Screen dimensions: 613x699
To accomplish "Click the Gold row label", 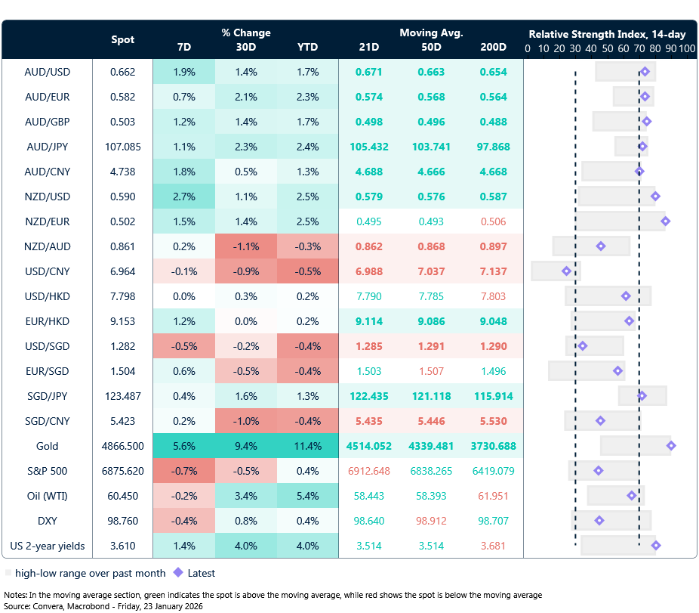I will tap(47, 446).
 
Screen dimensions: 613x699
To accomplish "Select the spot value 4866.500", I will tap(122, 446).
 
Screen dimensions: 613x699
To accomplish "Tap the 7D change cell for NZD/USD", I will tap(184, 197).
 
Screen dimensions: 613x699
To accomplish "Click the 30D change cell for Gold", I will tap(246, 446).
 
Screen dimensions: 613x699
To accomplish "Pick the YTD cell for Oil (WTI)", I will tap(307, 496).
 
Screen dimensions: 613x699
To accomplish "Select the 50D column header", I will tap(431, 47).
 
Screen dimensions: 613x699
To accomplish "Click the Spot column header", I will tap(123, 39).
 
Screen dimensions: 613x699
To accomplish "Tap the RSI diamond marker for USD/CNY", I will tap(567, 271).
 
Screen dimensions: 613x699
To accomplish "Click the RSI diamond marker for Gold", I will tap(671, 446).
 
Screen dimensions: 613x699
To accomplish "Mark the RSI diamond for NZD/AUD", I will tap(601, 246).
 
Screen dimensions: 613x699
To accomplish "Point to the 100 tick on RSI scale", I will tap(686, 48).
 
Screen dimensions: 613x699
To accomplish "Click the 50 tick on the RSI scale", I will tap(608, 48).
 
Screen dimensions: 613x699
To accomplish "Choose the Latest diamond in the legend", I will tap(178, 573).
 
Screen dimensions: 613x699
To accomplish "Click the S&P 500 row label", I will tap(47, 471).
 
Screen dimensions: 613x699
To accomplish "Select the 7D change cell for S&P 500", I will tap(184, 471).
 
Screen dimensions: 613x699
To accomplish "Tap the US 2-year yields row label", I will tap(47, 546).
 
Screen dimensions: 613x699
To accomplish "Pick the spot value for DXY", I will tap(122, 521).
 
